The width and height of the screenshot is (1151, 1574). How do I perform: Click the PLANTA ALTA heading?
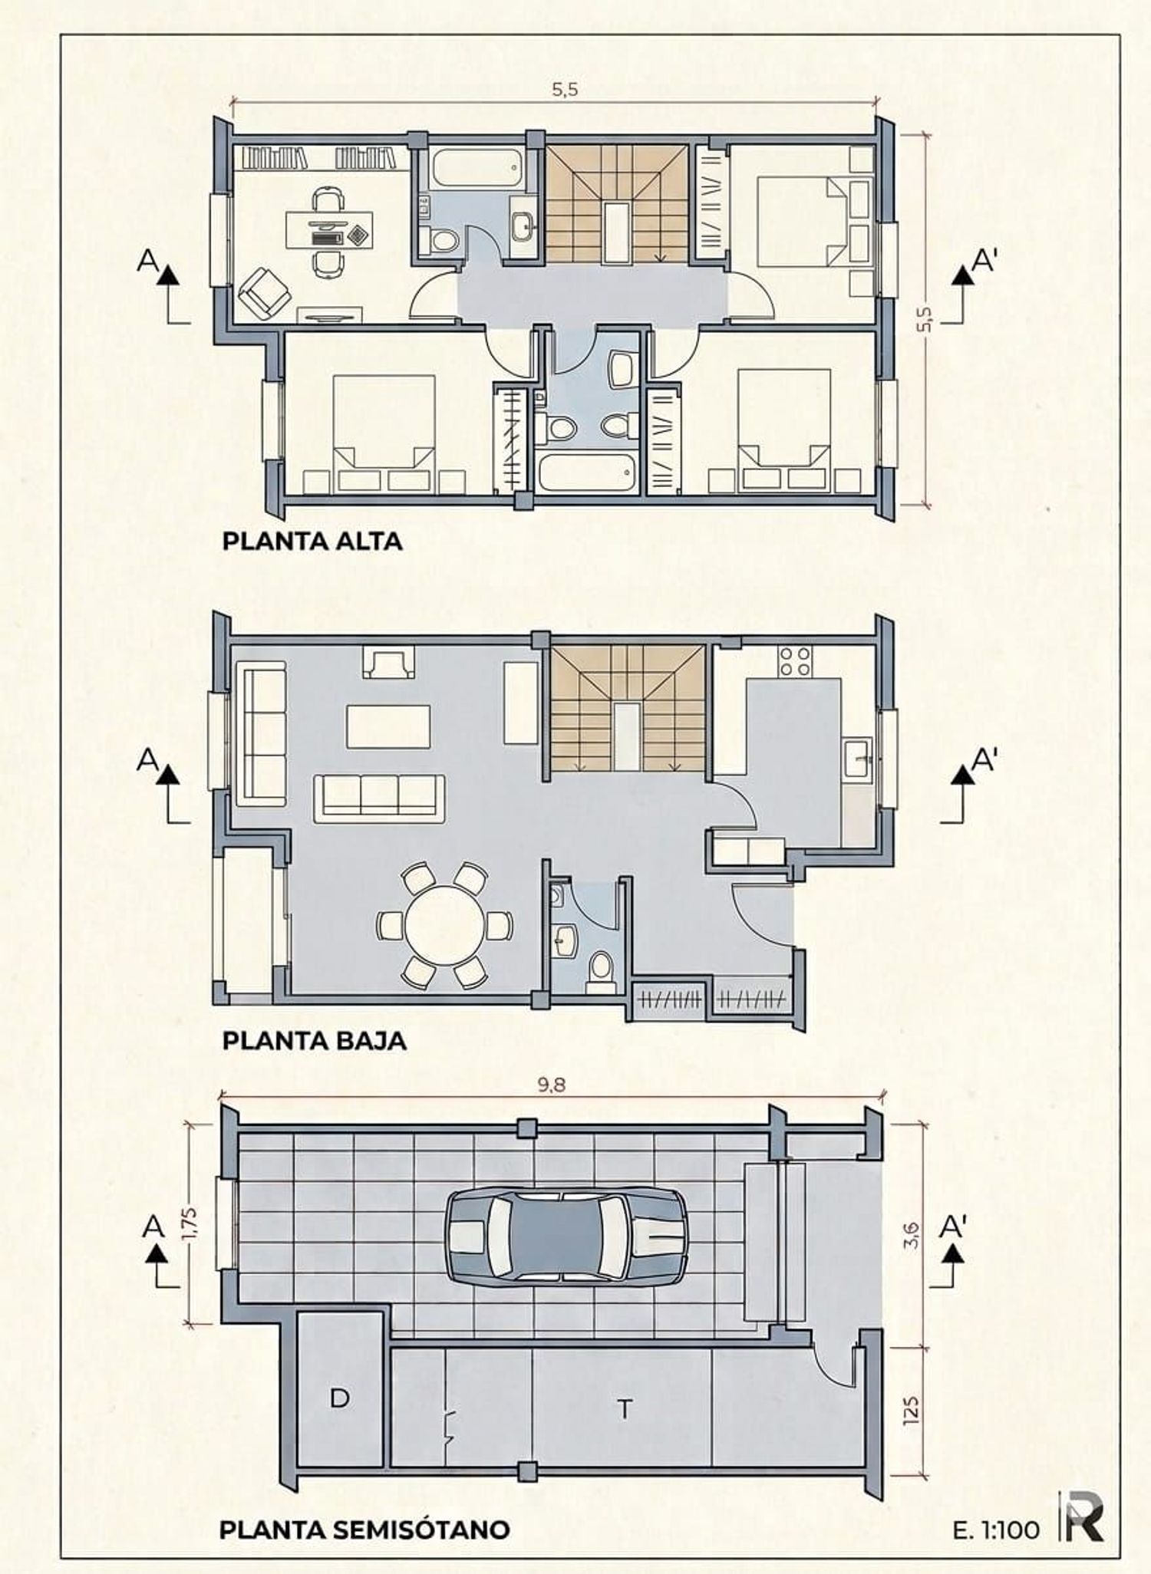coord(312,541)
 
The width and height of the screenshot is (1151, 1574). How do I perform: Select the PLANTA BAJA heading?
coord(315,1041)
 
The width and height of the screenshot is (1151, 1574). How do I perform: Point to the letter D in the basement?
coord(340,1398)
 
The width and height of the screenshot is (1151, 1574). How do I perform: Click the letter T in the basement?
coord(625,1410)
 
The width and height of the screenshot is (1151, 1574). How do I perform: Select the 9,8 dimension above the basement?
coord(552,1085)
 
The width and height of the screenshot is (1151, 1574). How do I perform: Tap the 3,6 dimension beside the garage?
coord(912,1235)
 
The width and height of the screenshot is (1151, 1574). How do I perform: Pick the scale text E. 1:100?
coord(996,1530)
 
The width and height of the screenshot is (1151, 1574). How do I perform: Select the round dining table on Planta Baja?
coord(445,925)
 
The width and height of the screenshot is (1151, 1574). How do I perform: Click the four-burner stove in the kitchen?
coord(796,661)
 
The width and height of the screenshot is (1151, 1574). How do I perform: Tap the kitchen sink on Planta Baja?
coord(857,759)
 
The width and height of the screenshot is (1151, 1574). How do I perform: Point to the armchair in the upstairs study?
coord(265,292)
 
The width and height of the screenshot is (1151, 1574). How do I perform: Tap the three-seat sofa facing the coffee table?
coord(379,798)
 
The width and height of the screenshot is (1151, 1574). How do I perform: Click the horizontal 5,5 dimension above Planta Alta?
coord(565,90)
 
